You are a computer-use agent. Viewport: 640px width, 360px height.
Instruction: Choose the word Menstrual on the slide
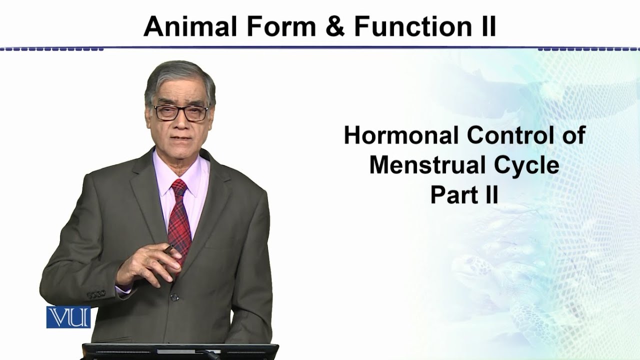click(429, 165)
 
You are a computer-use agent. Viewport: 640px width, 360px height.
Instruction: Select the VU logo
click(68, 316)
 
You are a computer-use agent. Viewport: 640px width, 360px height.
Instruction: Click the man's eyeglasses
click(181, 112)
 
